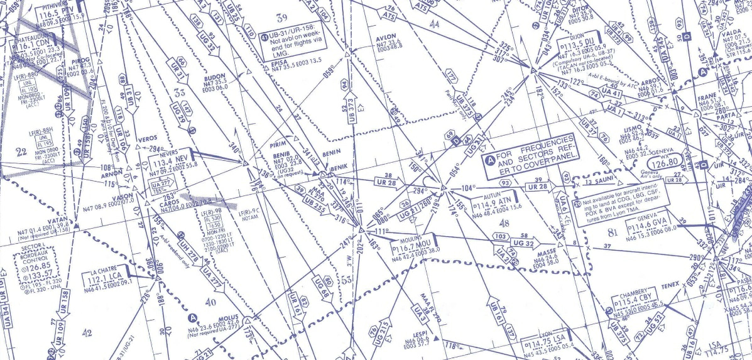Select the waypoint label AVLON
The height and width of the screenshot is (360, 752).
[384, 37]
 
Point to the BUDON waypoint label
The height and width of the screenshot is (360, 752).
[215, 77]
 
